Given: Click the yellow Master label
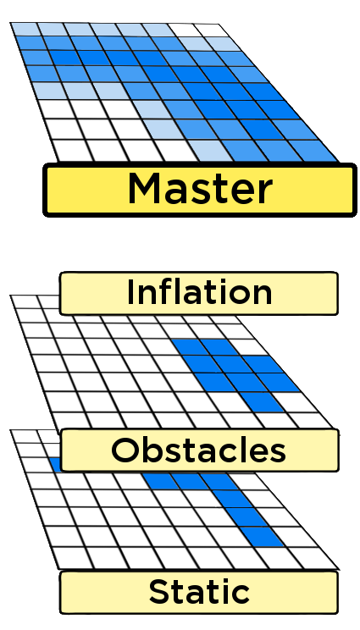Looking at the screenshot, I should coord(199,188).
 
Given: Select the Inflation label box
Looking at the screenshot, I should coord(199,293).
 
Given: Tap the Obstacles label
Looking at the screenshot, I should coord(199,450).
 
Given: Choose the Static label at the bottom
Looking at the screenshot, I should coord(199,590).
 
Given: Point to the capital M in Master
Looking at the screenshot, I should coord(146,188).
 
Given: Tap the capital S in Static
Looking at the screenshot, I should coord(158,591).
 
